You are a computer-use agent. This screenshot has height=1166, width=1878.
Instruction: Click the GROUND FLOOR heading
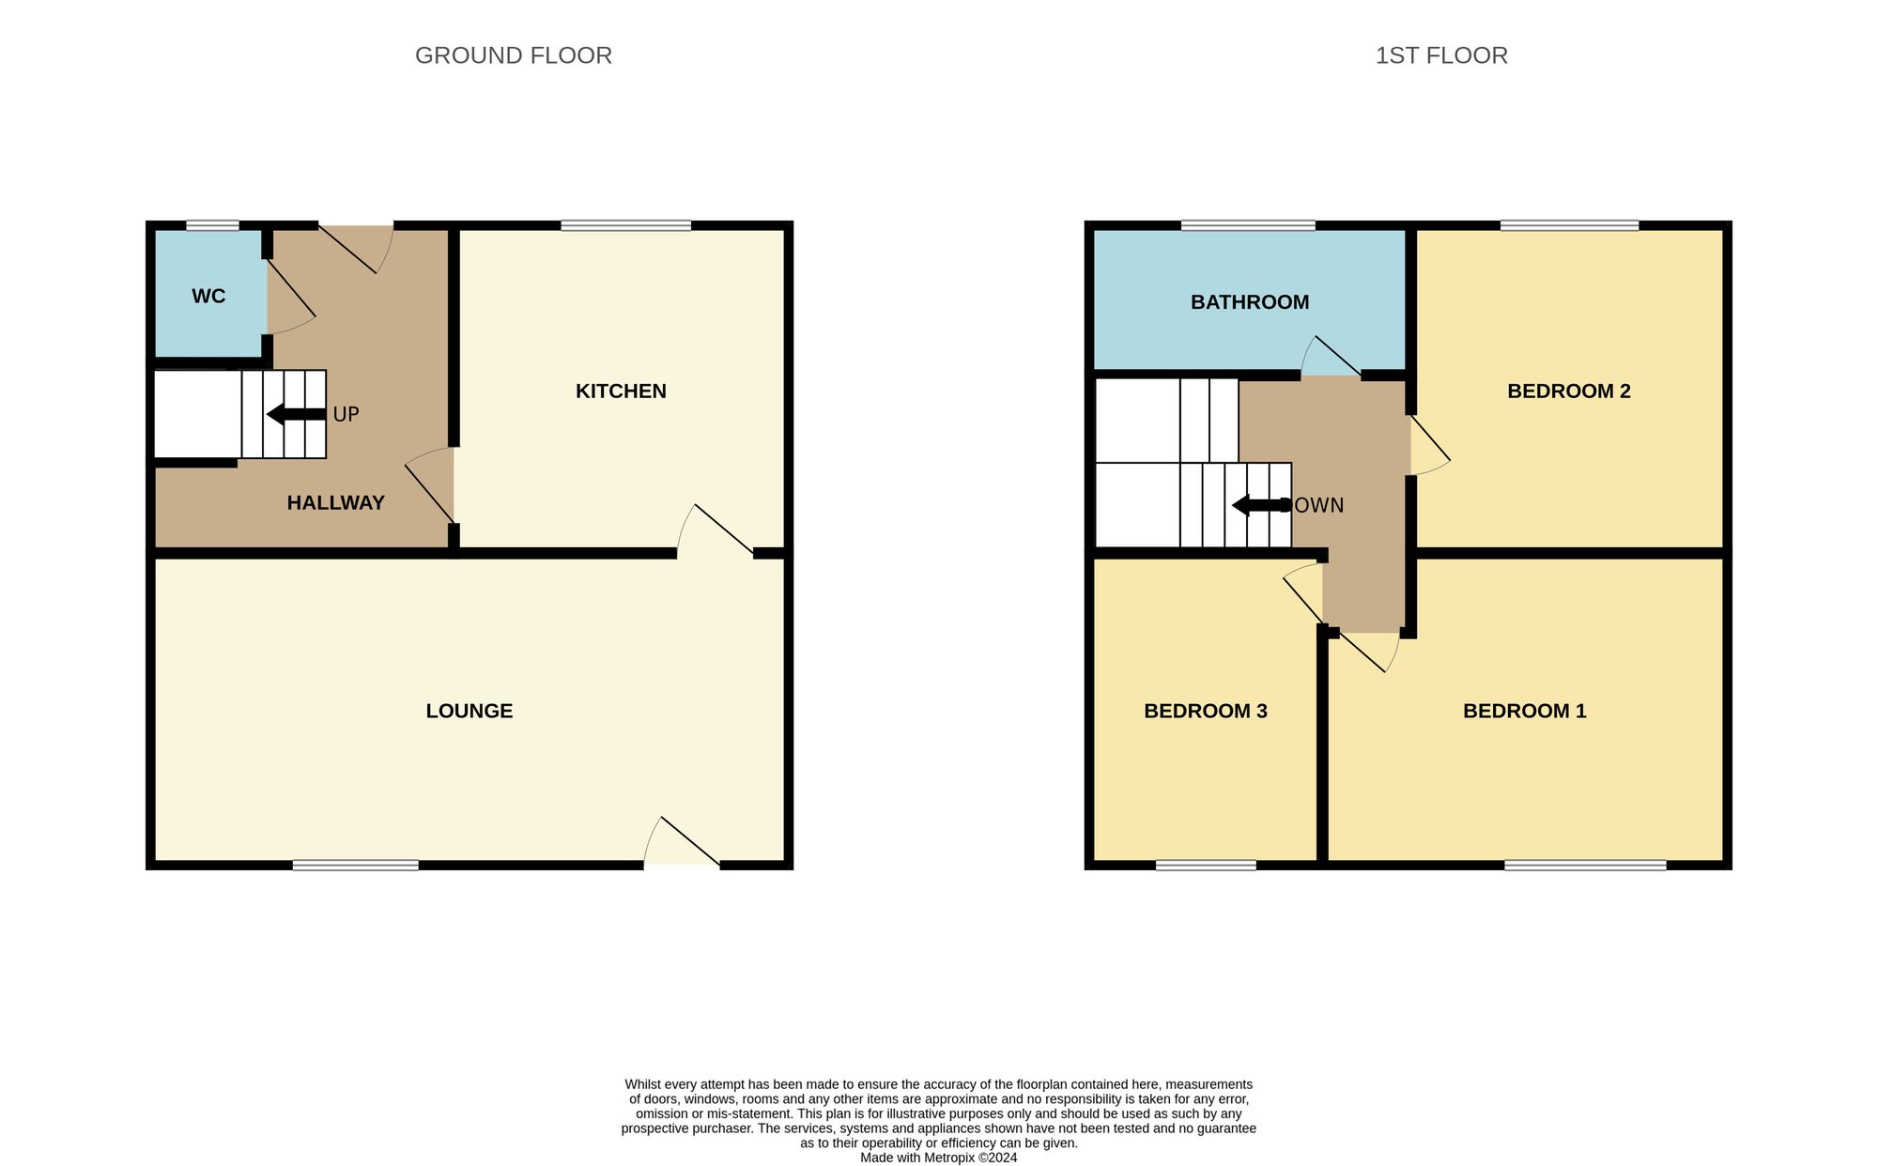pos(514,55)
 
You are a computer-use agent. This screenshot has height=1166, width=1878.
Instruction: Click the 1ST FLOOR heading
pos(1441,55)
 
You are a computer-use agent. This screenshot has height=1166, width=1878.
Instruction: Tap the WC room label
pos(208,297)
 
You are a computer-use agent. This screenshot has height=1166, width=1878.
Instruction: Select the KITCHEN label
pos(621,391)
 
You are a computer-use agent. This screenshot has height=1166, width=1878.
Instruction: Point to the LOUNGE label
pos(469,712)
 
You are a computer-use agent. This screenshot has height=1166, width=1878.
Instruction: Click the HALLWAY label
pos(335,503)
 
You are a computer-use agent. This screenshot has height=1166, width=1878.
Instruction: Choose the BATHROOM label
pos(1250,302)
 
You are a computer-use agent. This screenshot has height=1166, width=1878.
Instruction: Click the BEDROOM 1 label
pos(1525,712)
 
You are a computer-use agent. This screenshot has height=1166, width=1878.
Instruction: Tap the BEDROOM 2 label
pos(1569,391)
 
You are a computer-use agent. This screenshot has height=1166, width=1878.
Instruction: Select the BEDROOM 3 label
pos(1206,712)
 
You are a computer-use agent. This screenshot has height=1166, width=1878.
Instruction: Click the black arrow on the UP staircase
pos(297,414)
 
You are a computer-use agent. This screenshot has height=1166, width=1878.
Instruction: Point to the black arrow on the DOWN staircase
pos(1261,505)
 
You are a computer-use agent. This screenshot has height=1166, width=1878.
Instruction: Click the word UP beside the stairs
pos(346,414)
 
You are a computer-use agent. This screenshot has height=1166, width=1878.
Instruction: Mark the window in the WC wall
pos(212,225)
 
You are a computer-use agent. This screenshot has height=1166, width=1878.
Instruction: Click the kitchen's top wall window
pos(626,225)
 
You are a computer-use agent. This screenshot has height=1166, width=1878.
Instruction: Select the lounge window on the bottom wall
pos(356,865)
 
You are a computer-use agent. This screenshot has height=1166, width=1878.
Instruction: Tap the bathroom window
pos(1248,225)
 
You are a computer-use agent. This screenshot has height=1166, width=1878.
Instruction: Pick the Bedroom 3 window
pos(1206,865)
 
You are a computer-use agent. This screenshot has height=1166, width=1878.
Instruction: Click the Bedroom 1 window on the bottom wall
pos(1585,865)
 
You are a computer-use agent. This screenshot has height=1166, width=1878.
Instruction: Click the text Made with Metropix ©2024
pos(939,1158)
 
